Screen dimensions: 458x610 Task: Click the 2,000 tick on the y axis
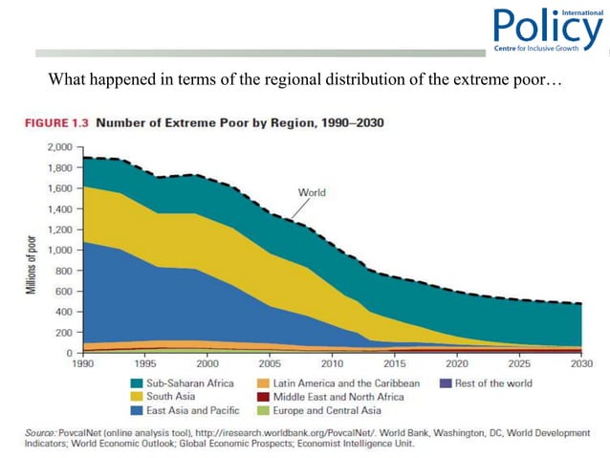(58, 148)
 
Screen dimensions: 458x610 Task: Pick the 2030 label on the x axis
(580, 364)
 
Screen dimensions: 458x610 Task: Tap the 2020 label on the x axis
(456, 364)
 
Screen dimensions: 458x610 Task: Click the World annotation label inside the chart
(313, 192)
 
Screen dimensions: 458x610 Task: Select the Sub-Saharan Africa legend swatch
(140, 383)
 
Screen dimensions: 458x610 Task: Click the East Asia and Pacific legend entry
(190, 410)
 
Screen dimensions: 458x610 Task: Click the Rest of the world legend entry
(483, 383)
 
